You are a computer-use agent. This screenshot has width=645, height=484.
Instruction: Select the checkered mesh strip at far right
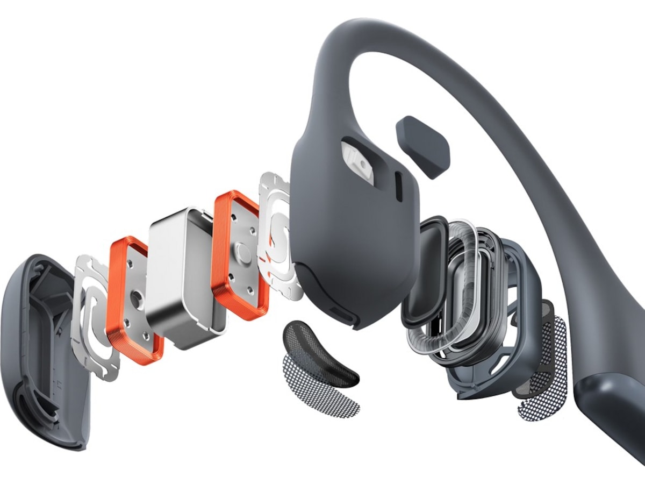tap(543, 371)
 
